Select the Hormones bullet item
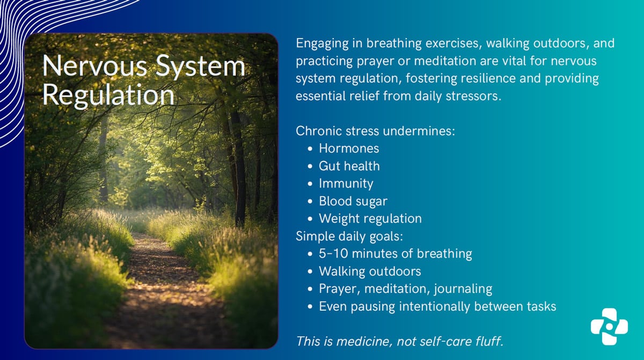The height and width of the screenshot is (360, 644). [x=349, y=148]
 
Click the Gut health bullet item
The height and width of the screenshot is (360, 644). [x=349, y=166]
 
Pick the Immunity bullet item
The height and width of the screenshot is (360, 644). [x=346, y=183]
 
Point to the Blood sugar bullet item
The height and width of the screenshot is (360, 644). [x=353, y=201]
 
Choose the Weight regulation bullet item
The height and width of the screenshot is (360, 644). [x=370, y=218]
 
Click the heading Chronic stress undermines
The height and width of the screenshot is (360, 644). [x=375, y=130]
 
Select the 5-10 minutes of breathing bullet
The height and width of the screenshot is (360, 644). [x=395, y=253]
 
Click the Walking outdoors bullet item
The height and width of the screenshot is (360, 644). [x=370, y=271]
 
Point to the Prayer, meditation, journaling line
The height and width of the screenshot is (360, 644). [x=405, y=289]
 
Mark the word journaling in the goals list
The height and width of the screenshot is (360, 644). [x=464, y=289]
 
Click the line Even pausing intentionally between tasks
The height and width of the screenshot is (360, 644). [x=437, y=306]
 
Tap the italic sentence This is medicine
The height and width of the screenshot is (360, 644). [x=399, y=341]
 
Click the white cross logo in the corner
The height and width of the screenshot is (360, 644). [x=609, y=326]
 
